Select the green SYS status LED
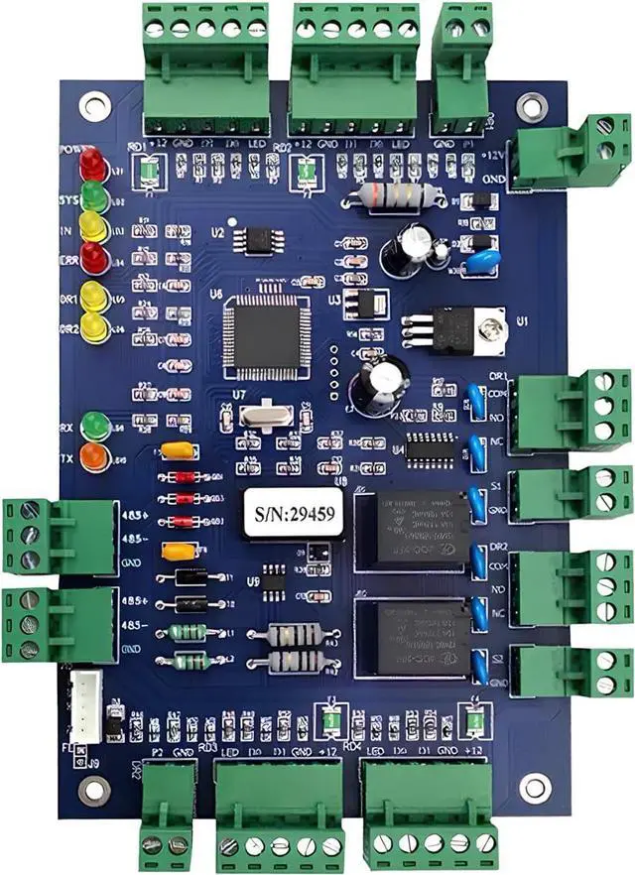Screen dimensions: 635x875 coord(93,194)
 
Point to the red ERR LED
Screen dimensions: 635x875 coord(93,258)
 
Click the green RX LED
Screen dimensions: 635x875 coord(94,425)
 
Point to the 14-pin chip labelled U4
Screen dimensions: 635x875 coord(431,447)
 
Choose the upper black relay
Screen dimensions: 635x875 coord(417,527)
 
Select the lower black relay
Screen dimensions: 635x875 coord(417,636)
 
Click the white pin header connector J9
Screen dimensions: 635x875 coord(84,703)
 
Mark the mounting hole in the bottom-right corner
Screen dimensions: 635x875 coord(536,787)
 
